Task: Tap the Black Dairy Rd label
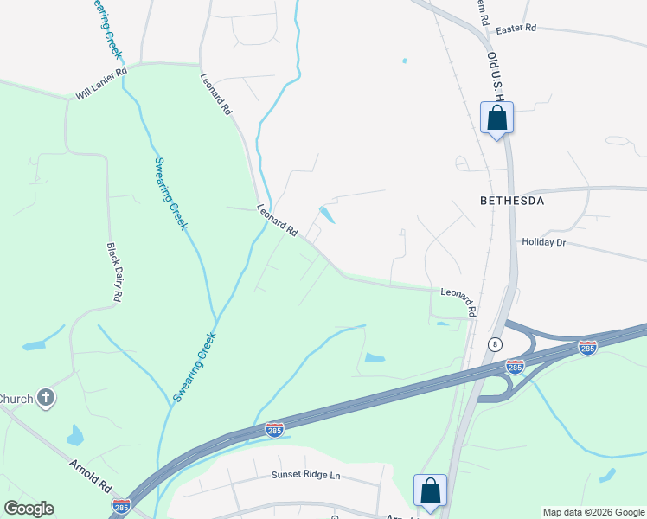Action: (x=113, y=272)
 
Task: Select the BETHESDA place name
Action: (x=512, y=201)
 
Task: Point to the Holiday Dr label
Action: (x=543, y=243)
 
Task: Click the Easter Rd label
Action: (x=516, y=29)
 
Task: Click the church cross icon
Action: (x=47, y=399)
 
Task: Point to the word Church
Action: (x=15, y=399)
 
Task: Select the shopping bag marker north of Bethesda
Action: (x=497, y=118)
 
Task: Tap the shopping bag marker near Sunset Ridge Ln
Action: (x=430, y=490)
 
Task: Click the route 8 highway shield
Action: (x=494, y=344)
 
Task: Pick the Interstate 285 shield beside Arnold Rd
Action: (x=121, y=504)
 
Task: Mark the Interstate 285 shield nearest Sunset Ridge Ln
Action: (x=274, y=430)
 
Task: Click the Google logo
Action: (x=29, y=509)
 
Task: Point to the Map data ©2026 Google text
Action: (x=593, y=512)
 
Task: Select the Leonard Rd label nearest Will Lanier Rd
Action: (x=216, y=93)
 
